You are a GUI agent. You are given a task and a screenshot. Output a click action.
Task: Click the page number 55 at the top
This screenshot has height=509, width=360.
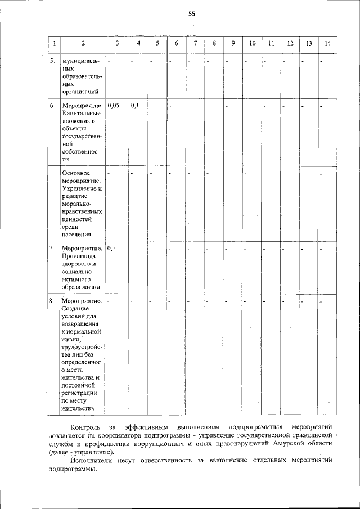tap(191, 15)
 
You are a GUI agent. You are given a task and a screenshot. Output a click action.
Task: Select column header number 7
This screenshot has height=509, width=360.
tap(195, 43)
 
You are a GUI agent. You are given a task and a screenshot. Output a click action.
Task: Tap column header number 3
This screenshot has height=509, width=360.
tap(117, 43)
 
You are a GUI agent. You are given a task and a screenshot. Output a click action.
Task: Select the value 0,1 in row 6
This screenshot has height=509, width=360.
tap(135, 105)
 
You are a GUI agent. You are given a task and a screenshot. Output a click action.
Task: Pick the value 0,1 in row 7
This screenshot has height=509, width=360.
tap(111, 248)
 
